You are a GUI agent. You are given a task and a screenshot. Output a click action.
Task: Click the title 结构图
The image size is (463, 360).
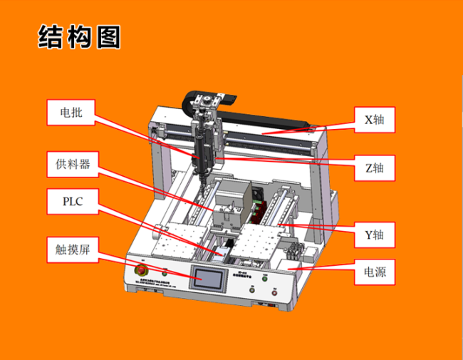(x=79, y=37)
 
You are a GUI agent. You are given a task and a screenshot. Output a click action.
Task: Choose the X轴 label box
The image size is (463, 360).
(x=375, y=120)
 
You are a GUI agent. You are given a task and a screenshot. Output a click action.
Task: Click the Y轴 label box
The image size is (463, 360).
(x=375, y=233)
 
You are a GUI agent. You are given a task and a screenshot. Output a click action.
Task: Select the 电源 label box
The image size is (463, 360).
(x=375, y=272)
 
